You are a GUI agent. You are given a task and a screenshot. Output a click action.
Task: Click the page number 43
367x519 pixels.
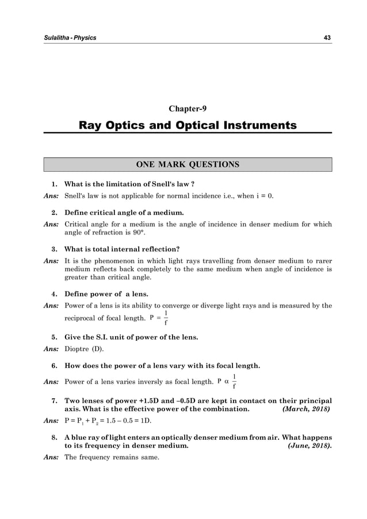327,38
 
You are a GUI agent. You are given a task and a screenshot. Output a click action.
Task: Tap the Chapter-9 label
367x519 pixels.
188,109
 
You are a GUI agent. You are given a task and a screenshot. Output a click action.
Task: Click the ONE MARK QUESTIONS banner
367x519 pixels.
188,165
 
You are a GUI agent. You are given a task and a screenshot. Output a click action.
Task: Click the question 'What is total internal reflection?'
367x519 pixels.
122,249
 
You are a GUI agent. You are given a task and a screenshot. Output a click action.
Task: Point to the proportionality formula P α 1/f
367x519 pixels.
228,380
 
